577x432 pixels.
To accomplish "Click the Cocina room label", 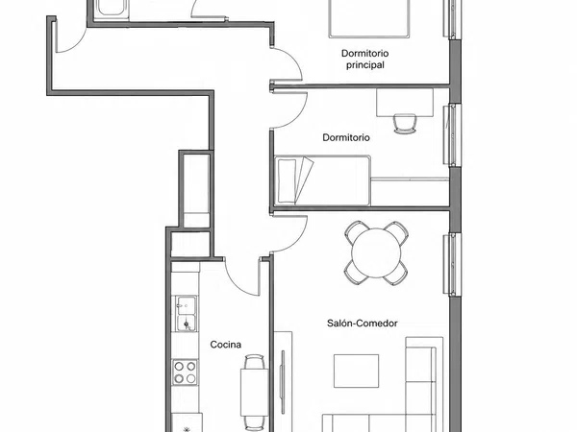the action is (226, 345).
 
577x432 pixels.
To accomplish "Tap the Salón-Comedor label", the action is (363, 324).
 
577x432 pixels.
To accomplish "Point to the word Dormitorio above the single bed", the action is (346, 137).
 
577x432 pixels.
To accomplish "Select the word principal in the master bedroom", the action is (365, 65).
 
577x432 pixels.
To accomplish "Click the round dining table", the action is (376, 253).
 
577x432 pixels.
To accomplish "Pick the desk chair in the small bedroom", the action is (405, 124).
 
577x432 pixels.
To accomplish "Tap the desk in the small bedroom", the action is (405, 103).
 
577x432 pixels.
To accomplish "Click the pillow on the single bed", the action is (287, 180).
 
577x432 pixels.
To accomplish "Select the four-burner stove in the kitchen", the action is (185, 372).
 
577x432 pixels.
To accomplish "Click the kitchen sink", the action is (186, 313).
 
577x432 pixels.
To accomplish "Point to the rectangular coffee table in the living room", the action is (356, 371).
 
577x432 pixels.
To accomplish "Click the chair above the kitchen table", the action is (254, 362).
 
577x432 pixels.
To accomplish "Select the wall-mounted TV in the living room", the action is (283, 377).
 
